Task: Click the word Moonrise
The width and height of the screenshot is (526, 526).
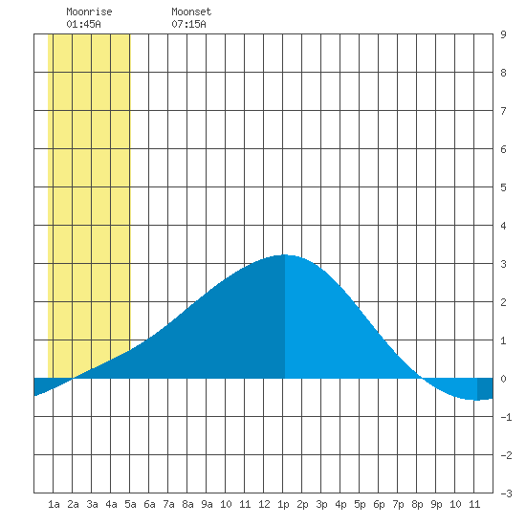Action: pyautogui.click(x=89, y=11)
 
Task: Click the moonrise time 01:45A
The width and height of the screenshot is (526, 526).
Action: pyautogui.click(x=83, y=24)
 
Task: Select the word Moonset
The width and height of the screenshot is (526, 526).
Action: pyautogui.click(x=191, y=11)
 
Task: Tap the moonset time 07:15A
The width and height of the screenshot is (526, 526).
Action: pyautogui.click(x=188, y=24)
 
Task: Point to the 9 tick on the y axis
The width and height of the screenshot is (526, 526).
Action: pyautogui.click(x=503, y=34)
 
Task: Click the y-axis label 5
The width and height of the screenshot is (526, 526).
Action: pyautogui.click(x=503, y=187)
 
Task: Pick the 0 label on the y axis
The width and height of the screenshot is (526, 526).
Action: pyautogui.click(x=503, y=379)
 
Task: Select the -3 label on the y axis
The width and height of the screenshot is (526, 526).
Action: pyautogui.click(x=506, y=493)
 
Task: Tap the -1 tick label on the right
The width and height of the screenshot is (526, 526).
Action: pyautogui.click(x=506, y=417)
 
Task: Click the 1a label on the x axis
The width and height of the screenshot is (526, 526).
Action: pyautogui.click(x=54, y=504)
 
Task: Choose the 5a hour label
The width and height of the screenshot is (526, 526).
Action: pyautogui.click(x=130, y=504)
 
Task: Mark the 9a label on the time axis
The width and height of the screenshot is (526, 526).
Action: pyautogui.click(x=207, y=504)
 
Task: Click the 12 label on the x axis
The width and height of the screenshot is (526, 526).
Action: pyautogui.click(x=264, y=504)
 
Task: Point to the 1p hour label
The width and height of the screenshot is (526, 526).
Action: pyautogui.click(x=283, y=504)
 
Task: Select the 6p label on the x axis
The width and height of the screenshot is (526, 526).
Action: pyautogui.click(x=379, y=504)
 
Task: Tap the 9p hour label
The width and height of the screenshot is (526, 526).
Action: pyautogui.click(x=436, y=504)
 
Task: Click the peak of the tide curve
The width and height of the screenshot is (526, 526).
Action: pyautogui.click(x=284, y=255)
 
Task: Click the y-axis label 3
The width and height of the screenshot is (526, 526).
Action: pyautogui.click(x=503, y=264)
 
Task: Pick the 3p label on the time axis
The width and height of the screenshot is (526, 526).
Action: pyautogui.click(x=321, y=504)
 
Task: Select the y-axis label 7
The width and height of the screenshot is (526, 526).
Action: pyautogui.click(x=503, y=111)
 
